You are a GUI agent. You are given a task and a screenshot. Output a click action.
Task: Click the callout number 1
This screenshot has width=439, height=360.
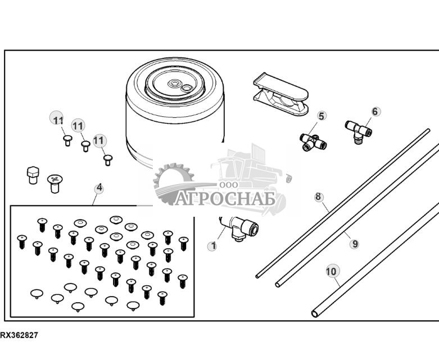click(x=212, y=246)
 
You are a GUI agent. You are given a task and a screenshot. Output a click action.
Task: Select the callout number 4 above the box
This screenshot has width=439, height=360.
click(x=99, y=188)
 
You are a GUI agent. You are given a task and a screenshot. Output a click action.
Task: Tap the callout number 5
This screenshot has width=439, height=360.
click(x=322, y=116)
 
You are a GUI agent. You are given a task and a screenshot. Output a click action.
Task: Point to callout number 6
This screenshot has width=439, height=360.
click(x=375, y=111)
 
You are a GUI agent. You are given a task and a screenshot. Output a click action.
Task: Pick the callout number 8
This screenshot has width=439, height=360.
click(x=319, y=197)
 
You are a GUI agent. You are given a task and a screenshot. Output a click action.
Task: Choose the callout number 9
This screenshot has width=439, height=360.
click(x=354, y=244)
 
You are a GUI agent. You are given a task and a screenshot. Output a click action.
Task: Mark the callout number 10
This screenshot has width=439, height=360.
click(x=332, y=271)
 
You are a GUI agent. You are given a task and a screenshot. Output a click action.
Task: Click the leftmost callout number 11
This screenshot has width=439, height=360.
click(x=58, y=120)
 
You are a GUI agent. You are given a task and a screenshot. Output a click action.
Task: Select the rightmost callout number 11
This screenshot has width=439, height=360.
click(x=99, y=140)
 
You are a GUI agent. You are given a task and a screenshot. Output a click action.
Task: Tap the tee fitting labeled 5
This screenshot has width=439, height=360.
click(x=312, y=142)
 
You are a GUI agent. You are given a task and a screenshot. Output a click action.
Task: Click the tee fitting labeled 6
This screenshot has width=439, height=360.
click(x=358, y=131)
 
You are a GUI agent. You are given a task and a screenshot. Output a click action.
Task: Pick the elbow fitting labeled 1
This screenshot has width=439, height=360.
click(x=239, y=230)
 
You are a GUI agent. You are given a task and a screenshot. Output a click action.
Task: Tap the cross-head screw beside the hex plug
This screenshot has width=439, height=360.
click(x=54, y=182)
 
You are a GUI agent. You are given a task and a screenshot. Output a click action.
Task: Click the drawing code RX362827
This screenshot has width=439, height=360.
click(x=20, y=335)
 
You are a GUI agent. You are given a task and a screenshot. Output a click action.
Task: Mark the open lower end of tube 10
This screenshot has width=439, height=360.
click(x=315, y=312)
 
